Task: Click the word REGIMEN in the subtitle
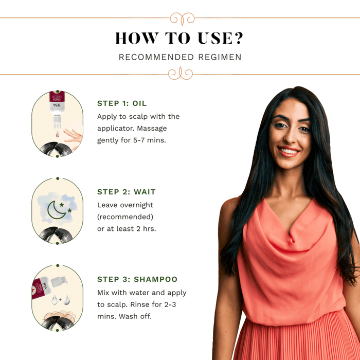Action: coord(220,57)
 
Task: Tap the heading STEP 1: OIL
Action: coord(122,103)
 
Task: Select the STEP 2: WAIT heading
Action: coord(127,192)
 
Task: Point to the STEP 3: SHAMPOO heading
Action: coord(137,279)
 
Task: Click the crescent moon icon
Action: coord(56,210)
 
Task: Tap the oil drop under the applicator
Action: coord(58,134)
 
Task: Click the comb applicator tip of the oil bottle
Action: coord(57,122)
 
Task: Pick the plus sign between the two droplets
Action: coord(60,300)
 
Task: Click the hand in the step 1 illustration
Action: coord(74,137)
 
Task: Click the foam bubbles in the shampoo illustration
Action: coord(60,315)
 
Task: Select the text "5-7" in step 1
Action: coord(139,140)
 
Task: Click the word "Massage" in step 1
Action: coord(152,129)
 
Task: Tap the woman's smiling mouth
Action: coord(289,151)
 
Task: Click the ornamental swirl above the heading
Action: coord(182,19)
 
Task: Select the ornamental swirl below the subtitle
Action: coord(181,74)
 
